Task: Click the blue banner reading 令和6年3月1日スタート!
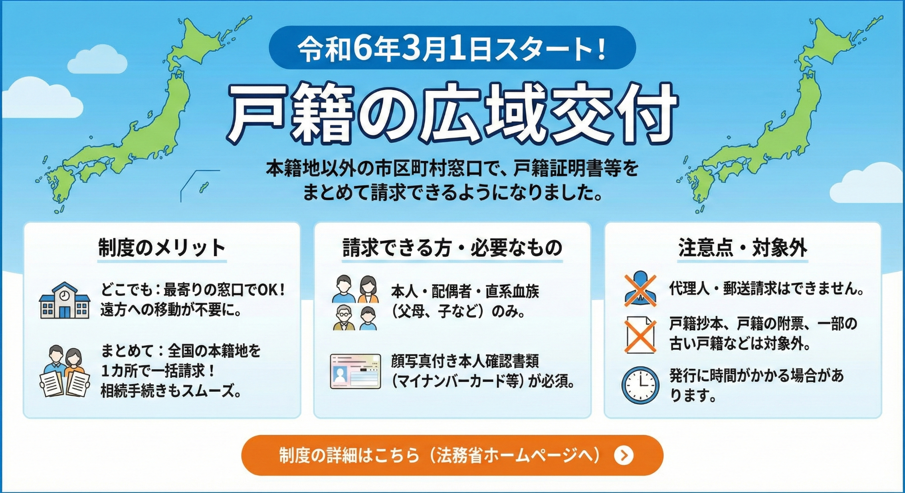[x=452, y=48]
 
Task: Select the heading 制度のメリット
[x=162, y=248]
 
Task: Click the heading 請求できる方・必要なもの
[x=452, y=248]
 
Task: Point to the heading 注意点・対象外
[x=743, y=248]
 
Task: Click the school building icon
[x=64, y=300]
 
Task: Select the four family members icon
[x=356, y=303]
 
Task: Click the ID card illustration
[x=356, y=371]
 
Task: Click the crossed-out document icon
[x=640, y=335]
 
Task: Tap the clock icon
[x=640, y=385]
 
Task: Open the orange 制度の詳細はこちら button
[x=452, y=455]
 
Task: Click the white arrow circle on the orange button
[x=624, y=455]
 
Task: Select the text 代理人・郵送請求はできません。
[x=767, y=288]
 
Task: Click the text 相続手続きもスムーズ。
[x=171, y=391]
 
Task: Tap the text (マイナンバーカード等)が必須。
[x=483, y=381]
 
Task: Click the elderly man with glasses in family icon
[x=344, y=318]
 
